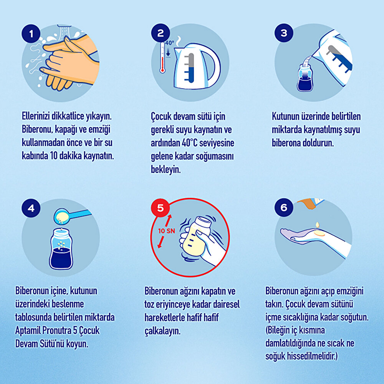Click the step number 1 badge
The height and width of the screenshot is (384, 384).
click(31, 33)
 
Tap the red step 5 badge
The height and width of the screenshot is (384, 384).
click(161, 208)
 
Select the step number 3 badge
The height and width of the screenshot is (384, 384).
click(284, 33)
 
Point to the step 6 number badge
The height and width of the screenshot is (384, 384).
click(284, 207)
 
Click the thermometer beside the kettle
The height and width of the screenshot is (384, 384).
click(162, 58)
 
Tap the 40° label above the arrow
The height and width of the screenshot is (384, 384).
click(169, 43)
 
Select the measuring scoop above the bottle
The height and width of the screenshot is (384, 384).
click(71, 216)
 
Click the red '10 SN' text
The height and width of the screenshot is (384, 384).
click(167, 231)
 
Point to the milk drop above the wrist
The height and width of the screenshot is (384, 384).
click(318, 225)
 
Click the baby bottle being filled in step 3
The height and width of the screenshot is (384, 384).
click(305, 78)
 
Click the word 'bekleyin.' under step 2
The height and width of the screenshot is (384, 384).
click(166, 169)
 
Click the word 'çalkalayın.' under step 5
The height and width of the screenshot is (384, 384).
click(162, 331)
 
